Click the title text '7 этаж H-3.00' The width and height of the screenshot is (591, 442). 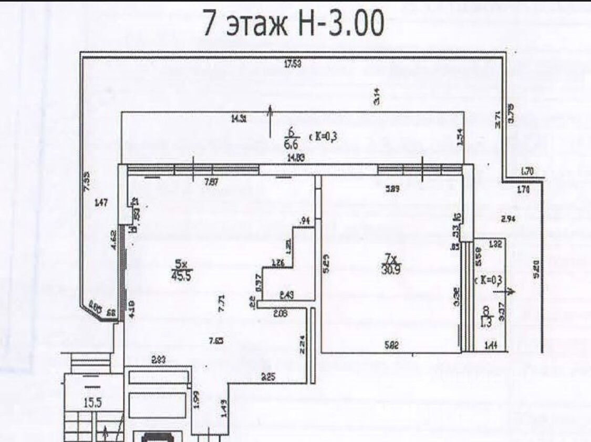click(294, 25)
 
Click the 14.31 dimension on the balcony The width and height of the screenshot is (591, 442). click(239, 119)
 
